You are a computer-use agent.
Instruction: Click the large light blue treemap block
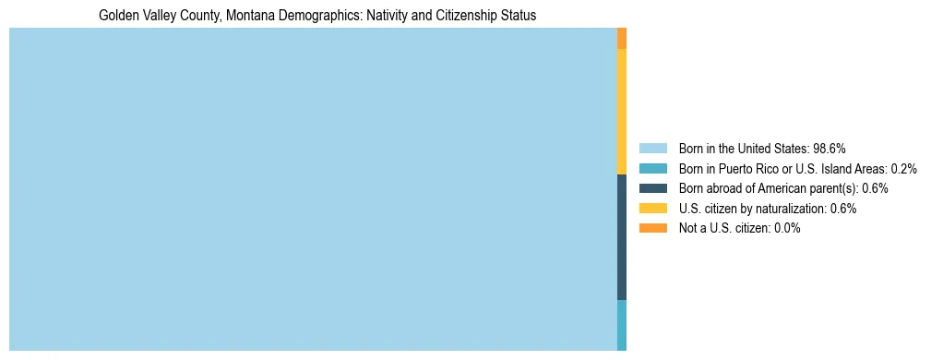pyautogui.click(x=313, y=189)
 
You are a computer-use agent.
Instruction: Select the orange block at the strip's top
pyautogui.click(x=622, y=38)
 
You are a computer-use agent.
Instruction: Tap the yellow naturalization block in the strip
pyautogui.click(x=622, y=111)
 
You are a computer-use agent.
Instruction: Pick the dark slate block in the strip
pyautogui.click(x=622, y=236)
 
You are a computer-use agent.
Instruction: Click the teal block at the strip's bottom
pyautogui.click(x=622, y=325)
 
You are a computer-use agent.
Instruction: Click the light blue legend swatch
pyautogui.click(x=652, y=148)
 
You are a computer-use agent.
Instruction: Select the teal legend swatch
pyautogui.click(x=652, y=168)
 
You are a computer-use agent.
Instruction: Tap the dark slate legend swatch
pyautogui.click(x=652, y=188)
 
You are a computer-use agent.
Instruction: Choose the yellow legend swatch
pyautogui.click(x=652, y=209)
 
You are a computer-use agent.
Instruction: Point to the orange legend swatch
pyautogui.click(x=652, y=228)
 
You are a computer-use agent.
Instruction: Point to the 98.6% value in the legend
pyautogui.click(x=830, y=148)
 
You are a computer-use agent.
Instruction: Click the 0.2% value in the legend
pyautogui.click(x=903, y=168)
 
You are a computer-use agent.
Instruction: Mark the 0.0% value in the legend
pyautogui.click(x=786, y=228)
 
